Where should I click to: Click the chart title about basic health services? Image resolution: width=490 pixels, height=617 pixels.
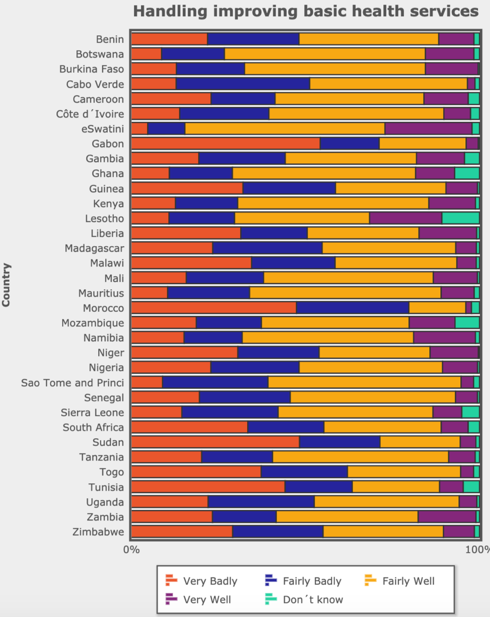coord(305,12)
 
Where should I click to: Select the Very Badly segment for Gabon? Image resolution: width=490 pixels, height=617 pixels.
coord(225,144)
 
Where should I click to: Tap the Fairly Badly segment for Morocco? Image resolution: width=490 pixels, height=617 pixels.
coord(352,308)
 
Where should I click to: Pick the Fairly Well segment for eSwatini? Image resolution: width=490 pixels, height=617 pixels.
coord(285,128)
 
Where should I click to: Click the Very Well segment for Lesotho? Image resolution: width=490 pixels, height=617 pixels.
coord(405,219)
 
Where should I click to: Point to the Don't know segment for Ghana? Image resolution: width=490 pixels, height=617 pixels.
coord(467,174)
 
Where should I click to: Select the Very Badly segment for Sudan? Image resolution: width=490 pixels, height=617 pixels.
coord(215,442)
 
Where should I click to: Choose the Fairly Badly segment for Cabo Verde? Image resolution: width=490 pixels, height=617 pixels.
coord(242,84)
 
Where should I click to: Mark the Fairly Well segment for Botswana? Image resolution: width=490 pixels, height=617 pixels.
coord(324,54)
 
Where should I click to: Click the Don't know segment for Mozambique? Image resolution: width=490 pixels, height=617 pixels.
coord(467,323)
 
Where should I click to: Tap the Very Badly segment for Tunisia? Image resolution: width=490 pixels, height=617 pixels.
coord(208,487)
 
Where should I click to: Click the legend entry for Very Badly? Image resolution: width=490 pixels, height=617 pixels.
coord(201,581)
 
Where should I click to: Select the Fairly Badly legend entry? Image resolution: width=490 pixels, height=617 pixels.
coord(303,581)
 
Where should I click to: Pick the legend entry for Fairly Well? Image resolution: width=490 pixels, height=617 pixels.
coord(400,581)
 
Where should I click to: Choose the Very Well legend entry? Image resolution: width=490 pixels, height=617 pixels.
coord(198,599)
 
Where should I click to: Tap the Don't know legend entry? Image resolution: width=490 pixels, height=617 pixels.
coord(304,599)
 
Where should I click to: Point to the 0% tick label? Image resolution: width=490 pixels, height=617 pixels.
coord(131,549)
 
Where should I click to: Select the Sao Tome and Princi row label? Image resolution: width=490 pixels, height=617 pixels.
coord(72,383)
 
